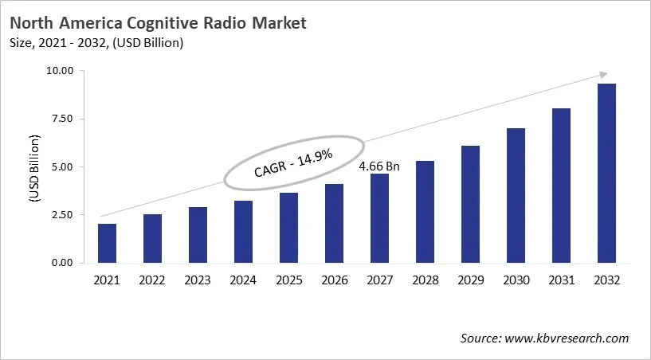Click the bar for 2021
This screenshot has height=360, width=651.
click(107, 243)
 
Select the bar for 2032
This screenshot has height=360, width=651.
click(606, 173)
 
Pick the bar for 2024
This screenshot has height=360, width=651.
click(243, 232)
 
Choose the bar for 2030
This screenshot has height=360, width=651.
click(516, 195)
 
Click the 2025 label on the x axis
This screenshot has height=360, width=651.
click(288, 280)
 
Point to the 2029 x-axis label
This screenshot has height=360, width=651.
click(470, 280)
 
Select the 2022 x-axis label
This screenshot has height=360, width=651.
click(152, 280)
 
